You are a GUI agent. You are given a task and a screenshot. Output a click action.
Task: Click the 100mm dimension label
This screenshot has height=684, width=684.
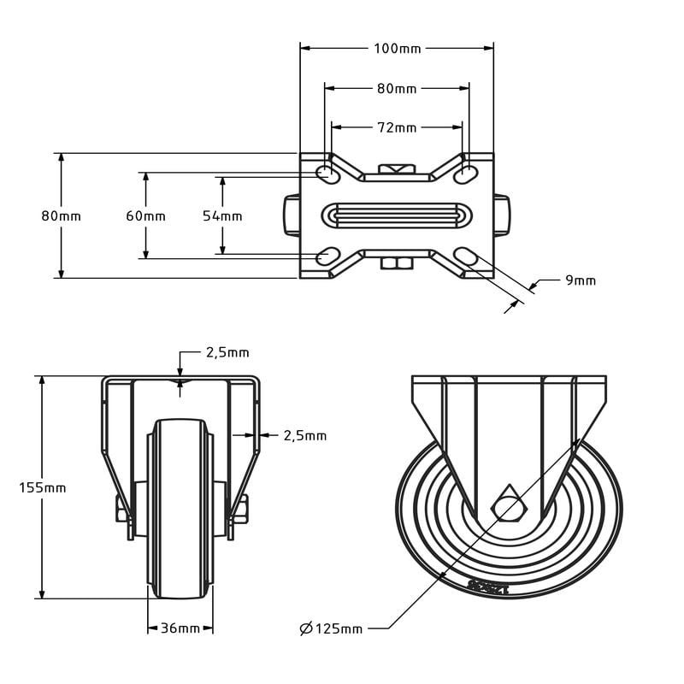point(398,49)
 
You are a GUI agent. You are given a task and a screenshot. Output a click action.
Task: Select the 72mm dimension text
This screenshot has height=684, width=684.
point(398,127)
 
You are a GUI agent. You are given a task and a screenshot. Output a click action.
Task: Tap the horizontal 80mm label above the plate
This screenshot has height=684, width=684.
point(398,88)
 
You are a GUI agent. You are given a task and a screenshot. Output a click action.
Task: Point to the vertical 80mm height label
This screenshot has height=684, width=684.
point(62,216)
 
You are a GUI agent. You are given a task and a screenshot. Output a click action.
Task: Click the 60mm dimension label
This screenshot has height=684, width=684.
point(145,216)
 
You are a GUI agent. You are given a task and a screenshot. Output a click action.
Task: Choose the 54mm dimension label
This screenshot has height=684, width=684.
point(222,216)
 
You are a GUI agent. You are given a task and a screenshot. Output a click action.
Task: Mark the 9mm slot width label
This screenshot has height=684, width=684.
point(581,280)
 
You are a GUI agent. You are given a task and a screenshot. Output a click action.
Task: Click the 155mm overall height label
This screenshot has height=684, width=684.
point(43,487)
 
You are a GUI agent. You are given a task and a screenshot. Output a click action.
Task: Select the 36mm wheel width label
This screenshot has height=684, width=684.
point(180,628)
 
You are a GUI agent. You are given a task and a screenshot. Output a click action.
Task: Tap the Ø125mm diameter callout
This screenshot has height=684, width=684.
point(331,629)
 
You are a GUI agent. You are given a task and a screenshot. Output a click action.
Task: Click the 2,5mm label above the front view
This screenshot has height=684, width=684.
point(227,352)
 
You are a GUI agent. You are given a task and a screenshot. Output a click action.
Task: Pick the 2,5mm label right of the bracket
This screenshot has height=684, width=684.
point(304,435)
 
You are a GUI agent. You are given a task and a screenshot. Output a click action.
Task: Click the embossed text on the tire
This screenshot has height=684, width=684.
point(488,587)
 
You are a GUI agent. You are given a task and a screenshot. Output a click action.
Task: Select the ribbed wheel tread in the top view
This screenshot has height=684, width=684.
point(397,215)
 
